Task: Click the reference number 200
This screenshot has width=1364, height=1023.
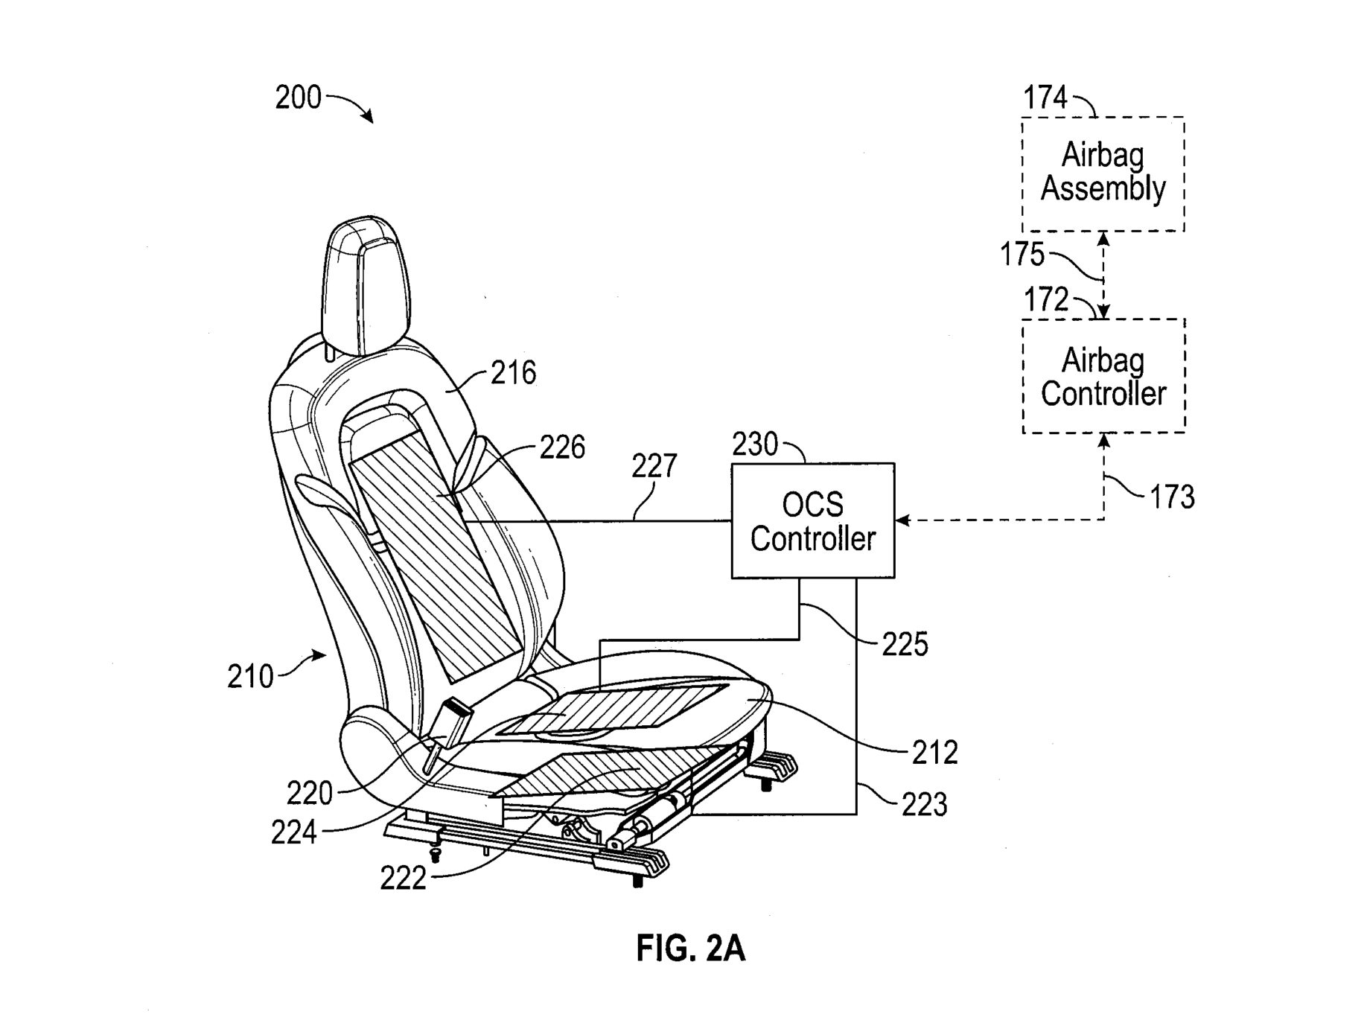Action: [298, 98]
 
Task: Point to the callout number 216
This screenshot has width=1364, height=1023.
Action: [514, 373]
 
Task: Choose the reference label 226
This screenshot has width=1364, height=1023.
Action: [562, 447]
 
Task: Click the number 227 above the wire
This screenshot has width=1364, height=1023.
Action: [654, 466]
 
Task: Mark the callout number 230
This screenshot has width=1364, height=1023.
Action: [755, 444]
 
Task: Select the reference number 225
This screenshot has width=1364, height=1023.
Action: [905, 645]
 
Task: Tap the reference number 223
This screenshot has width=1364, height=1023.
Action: [925, 805]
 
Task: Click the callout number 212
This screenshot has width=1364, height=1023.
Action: [935, 753]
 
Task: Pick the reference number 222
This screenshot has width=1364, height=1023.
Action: [403, 879]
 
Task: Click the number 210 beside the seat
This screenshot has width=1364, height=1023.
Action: [250, 677]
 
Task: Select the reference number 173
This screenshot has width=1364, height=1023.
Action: [1172, 497]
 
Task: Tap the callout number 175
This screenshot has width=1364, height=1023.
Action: [1022, 255]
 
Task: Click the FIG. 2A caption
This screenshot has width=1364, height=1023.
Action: [690, 949]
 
